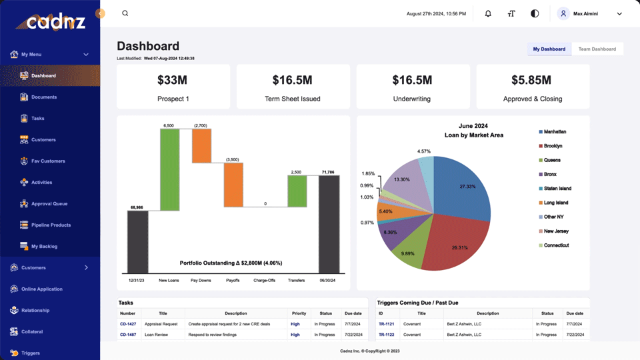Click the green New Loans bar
[x=169, y=170]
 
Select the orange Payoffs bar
[x=233, y=185]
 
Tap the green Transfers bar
[x=297, y=191]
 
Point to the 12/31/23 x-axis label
[x=136, y=281]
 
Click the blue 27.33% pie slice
[x=463, y=188]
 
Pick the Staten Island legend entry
[x=555, y=189]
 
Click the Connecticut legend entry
[x=554, y=245]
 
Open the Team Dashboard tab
[x=597, y=49]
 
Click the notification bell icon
[x=488, y=13]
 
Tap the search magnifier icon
[x=125, y=13]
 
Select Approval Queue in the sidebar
[x=49, y=204]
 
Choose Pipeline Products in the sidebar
[x=51, y=225]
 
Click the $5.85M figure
[x=531, y=80]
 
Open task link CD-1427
[x=128, y=324]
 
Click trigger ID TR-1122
[x=387, y=335]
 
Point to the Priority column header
[x=299, y=313]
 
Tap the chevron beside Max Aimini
[x=619, y=14]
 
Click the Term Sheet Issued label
[x=293, y=99]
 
